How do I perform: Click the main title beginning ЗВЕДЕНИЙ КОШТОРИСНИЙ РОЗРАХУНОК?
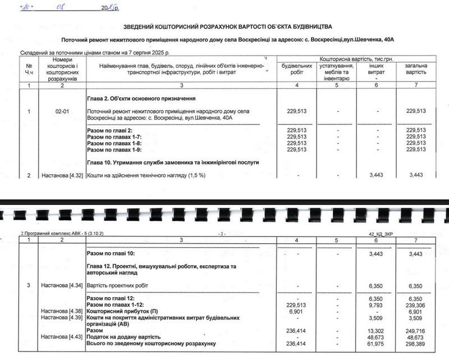coord(227,26)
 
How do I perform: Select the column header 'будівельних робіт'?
coord(297,69)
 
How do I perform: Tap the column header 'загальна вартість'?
coord(415,69)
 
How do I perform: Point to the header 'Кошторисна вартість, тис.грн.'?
coord(356,58)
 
